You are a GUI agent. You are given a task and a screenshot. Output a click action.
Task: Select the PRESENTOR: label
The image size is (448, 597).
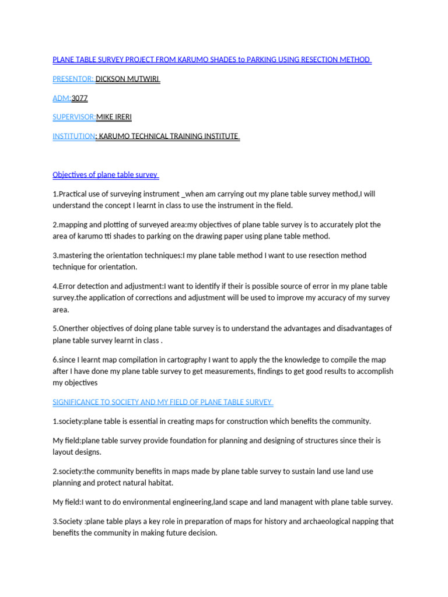(73, 79)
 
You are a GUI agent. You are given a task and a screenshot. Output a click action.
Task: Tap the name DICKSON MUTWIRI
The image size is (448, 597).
(127, 79)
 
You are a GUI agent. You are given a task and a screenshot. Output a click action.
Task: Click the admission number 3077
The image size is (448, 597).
(79, 98)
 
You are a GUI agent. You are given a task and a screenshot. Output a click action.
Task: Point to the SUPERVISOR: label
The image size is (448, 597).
(74, 117)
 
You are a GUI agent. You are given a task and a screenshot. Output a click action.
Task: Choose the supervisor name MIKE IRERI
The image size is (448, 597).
(114, 117)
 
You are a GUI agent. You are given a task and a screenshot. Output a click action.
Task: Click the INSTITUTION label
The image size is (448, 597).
(73, 136)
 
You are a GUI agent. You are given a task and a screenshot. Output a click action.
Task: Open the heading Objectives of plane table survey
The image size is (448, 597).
(106, 174)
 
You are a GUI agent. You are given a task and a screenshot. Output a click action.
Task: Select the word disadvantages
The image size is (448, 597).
(356, 328)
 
